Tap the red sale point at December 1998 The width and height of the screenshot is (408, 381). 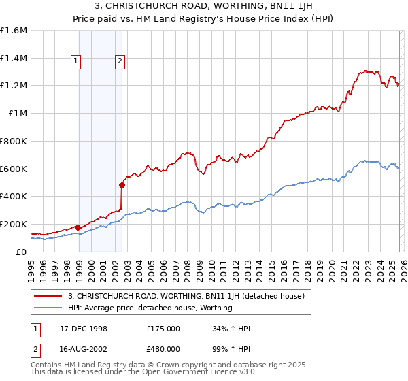point(78,227)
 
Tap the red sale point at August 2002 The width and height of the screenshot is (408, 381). point(122,185)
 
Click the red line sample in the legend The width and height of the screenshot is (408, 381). point(49,296)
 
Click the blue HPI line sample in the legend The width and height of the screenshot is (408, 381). point(49,308)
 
